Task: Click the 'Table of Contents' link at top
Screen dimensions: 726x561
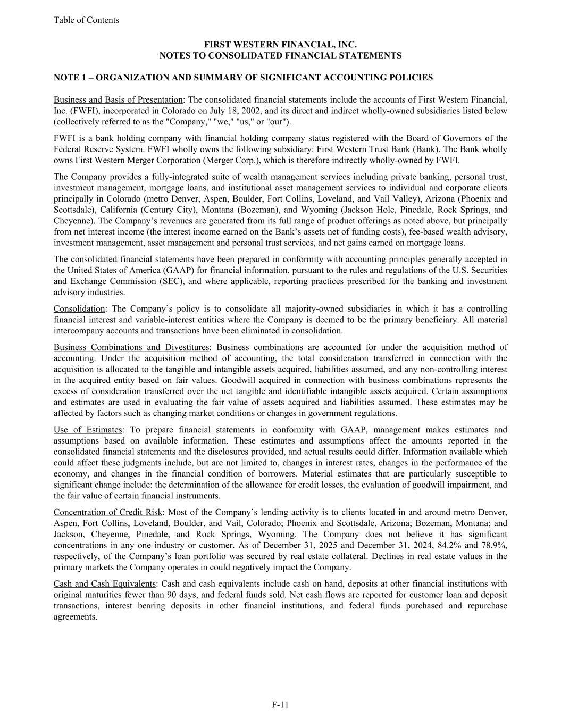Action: pos(86,20)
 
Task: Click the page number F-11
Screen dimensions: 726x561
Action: pos(280,705)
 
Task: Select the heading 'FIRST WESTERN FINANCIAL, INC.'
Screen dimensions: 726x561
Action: pos(280,45)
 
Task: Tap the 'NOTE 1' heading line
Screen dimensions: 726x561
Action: pos(243,78)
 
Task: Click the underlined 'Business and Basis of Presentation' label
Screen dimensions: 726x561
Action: pos(118,100)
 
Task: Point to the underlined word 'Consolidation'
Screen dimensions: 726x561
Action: pos(79,308)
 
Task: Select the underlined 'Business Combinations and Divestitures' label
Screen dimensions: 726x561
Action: pos(131,347)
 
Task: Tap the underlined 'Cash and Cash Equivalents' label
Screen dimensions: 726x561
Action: pos(105,584)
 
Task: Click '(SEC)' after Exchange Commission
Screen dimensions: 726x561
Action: pos(171,281)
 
